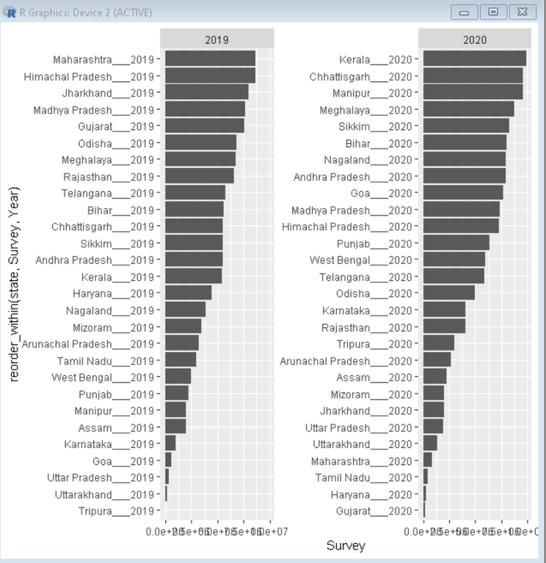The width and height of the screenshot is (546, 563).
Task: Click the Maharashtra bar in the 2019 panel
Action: (x=210, y=59)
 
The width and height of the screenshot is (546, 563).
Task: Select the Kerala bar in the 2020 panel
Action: (x=474, y=59)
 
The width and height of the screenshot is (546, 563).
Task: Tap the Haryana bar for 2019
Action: (x=188, y=293)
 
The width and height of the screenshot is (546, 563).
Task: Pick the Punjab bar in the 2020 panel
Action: (x=456, y=243)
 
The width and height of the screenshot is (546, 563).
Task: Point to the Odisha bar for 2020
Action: (x=448, y=293)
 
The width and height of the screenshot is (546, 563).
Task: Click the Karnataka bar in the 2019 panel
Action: (x=170, y=444)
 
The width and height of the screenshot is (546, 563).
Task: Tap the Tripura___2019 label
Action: (x=117, y=511)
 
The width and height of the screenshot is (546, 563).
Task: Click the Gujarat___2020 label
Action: (x=374, y=511)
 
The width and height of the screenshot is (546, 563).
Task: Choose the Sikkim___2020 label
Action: (x=375, y=126)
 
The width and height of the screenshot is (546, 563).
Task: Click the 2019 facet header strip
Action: (x=217, y=40)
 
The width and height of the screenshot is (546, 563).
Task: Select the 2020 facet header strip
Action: (x=475, y=40)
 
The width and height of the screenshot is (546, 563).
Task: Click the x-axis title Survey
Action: (x=345, y=545)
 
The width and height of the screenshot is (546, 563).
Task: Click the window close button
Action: (x=521, y=12)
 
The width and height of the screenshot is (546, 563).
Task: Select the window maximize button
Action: (x=493, y=12)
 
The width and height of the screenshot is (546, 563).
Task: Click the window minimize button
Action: (x=465, y=12)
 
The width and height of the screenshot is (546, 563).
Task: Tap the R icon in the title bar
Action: (x=10, y=12)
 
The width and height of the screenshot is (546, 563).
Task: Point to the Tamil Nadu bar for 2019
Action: (x=181, y=360)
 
